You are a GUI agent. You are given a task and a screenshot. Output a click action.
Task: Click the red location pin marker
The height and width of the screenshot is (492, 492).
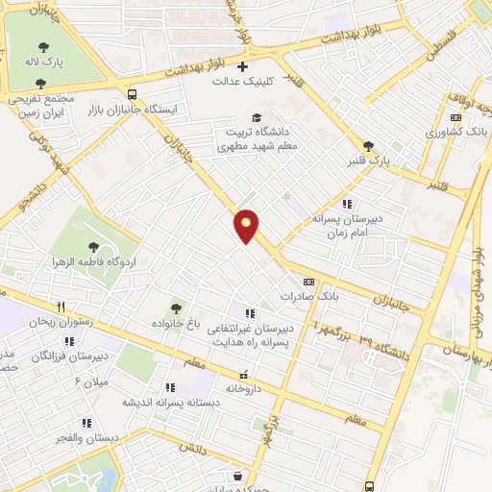247,225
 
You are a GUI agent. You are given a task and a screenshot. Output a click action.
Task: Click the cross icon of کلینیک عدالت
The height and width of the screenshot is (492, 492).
242,67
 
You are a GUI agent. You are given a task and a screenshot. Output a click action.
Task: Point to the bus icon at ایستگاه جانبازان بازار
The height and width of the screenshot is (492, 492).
132,94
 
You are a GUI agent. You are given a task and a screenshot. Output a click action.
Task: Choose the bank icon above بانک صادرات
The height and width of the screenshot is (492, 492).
308,282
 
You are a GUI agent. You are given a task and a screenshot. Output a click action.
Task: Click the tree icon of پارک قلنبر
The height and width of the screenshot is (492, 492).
368,144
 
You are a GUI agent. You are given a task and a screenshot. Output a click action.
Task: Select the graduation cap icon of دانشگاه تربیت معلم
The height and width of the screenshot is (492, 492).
256,117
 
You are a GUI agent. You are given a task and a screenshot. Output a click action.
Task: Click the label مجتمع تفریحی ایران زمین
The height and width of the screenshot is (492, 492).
41,105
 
